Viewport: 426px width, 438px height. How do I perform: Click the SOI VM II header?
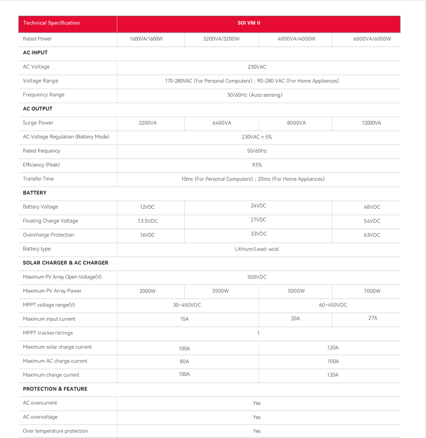(x=258, y=23)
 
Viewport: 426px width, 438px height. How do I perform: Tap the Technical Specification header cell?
(x=51, y=23)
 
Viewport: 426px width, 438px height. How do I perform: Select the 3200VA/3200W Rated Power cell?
(x=221, y=39)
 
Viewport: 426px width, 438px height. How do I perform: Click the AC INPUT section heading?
(x=35, y=53)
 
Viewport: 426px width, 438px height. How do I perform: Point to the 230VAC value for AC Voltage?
(x=257, y=67)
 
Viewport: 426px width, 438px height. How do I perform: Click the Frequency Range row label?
(x=43, y=95)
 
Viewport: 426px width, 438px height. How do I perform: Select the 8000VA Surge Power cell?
(x=296, y=123)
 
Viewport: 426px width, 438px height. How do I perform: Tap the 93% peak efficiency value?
(x=257, y=165)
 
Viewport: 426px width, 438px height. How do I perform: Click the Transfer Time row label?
(x=38, y=179)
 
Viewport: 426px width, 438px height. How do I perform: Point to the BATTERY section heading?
(x=35, y=193)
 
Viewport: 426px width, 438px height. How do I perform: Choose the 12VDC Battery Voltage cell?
(x=148, y=207)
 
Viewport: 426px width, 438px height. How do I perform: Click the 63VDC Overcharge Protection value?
(x=372, y=235)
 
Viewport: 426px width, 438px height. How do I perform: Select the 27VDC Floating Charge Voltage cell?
(x=258, y=220)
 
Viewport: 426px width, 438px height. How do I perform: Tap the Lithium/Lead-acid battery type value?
(x=257, y=249)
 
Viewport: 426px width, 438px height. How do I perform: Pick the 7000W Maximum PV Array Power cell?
(x=372, y=291)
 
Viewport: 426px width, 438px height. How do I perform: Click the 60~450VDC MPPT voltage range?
(x=333, y=305)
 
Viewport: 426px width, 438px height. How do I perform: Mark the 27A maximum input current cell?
(x=372, y=318)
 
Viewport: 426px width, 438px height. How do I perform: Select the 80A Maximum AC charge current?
(x=184, y=361)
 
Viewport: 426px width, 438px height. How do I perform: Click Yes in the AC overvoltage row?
(x=257, y=417)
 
